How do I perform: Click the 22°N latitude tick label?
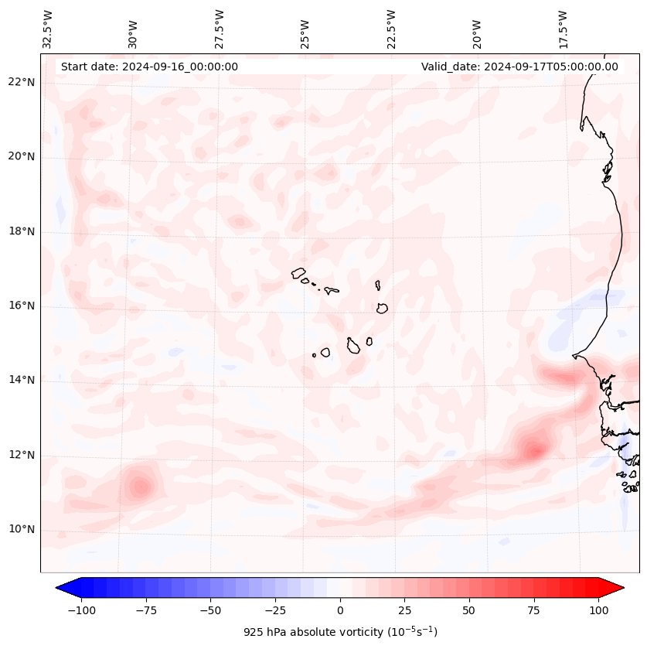coord(22,82)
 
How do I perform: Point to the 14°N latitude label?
coord(22,380)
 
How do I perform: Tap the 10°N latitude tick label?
coord(22,529)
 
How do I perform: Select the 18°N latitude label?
coord(22,231)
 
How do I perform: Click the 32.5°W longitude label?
coord(48,29)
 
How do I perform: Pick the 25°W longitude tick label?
coord(305,29)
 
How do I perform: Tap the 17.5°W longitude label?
coord(564,29)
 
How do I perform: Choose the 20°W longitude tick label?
coord(477,29)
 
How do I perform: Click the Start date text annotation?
coord(149,67)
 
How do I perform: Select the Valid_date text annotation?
coord(519,67)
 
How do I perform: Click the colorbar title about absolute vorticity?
coord(340,632)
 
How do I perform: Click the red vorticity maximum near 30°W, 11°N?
coord(140,487)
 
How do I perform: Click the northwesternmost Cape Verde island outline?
coord(298,273)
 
